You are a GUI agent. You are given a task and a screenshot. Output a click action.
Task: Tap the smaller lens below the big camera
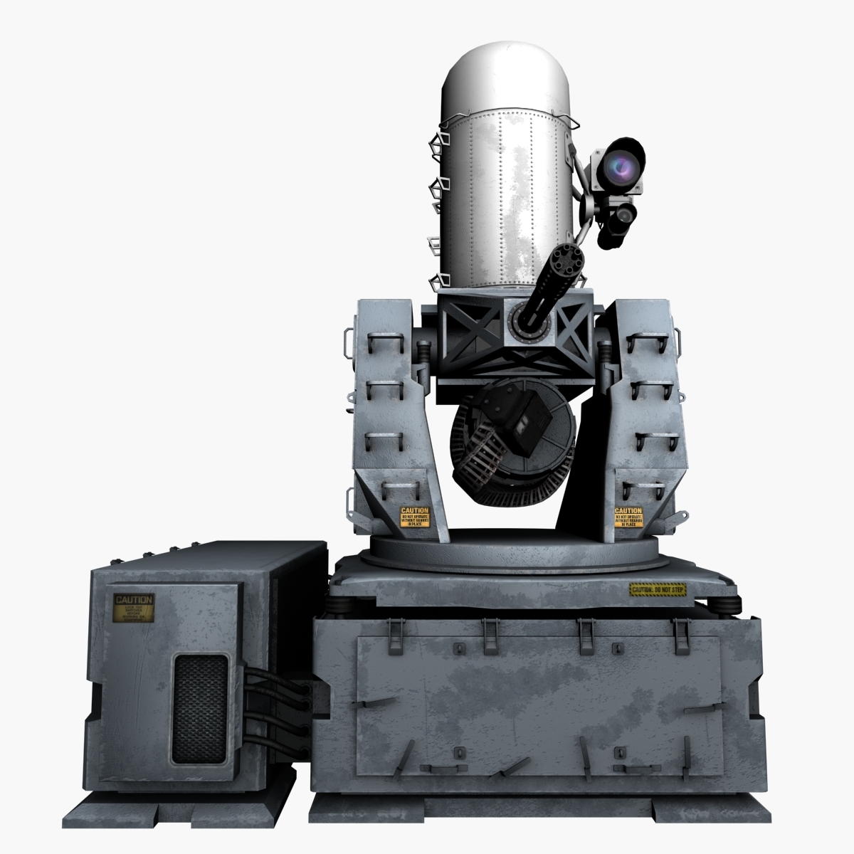pyautogui.click(x=624, y=213)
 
